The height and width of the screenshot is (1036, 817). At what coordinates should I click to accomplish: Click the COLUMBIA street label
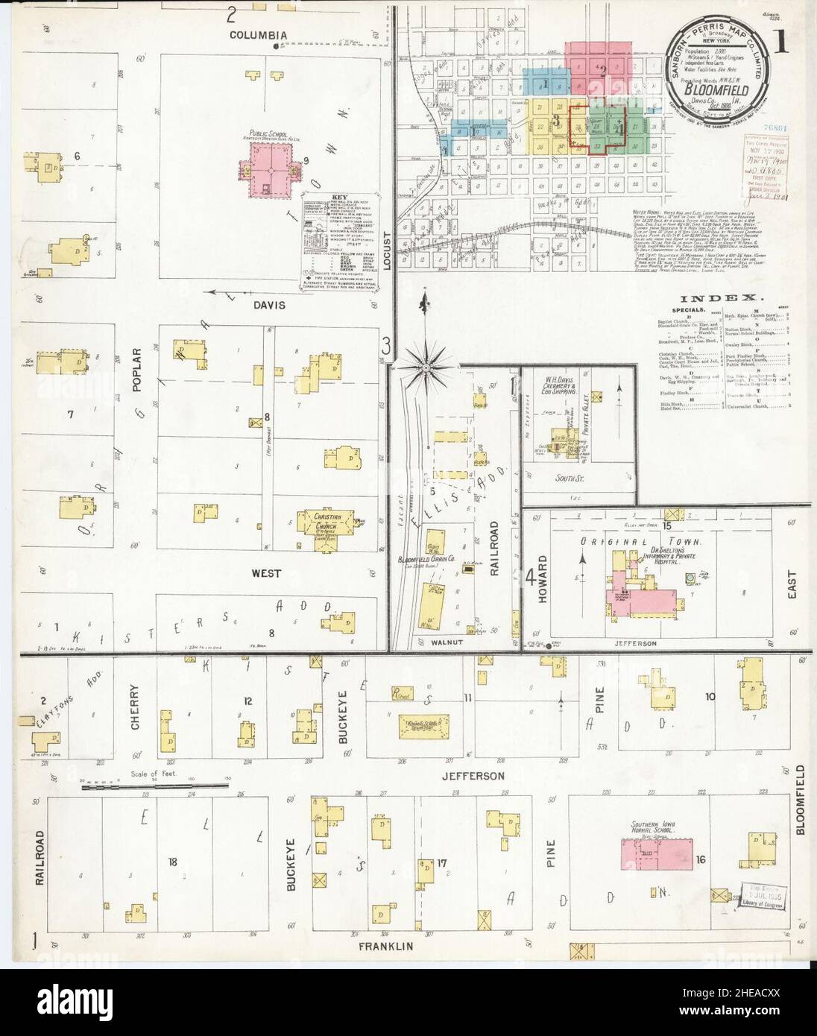[258, 35]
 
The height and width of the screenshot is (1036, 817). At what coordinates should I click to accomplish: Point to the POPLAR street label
[136, 364]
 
